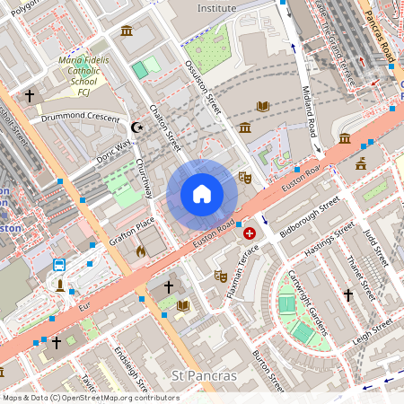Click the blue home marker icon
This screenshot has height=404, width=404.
[x=202, y=194]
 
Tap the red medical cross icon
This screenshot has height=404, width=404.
[x=250, y=233]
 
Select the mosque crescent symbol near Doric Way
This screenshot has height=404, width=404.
[x=137, y=128]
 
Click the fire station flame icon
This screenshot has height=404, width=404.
[x=140, y=252]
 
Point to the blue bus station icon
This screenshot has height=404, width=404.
[x=59, y=265]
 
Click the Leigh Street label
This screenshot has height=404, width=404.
[x=374, y=331]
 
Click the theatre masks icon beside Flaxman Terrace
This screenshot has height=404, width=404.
[x=221, y=277]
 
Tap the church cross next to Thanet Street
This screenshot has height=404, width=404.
[x=348, y=294]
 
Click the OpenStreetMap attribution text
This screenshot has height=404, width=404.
[x=90, y=397]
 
